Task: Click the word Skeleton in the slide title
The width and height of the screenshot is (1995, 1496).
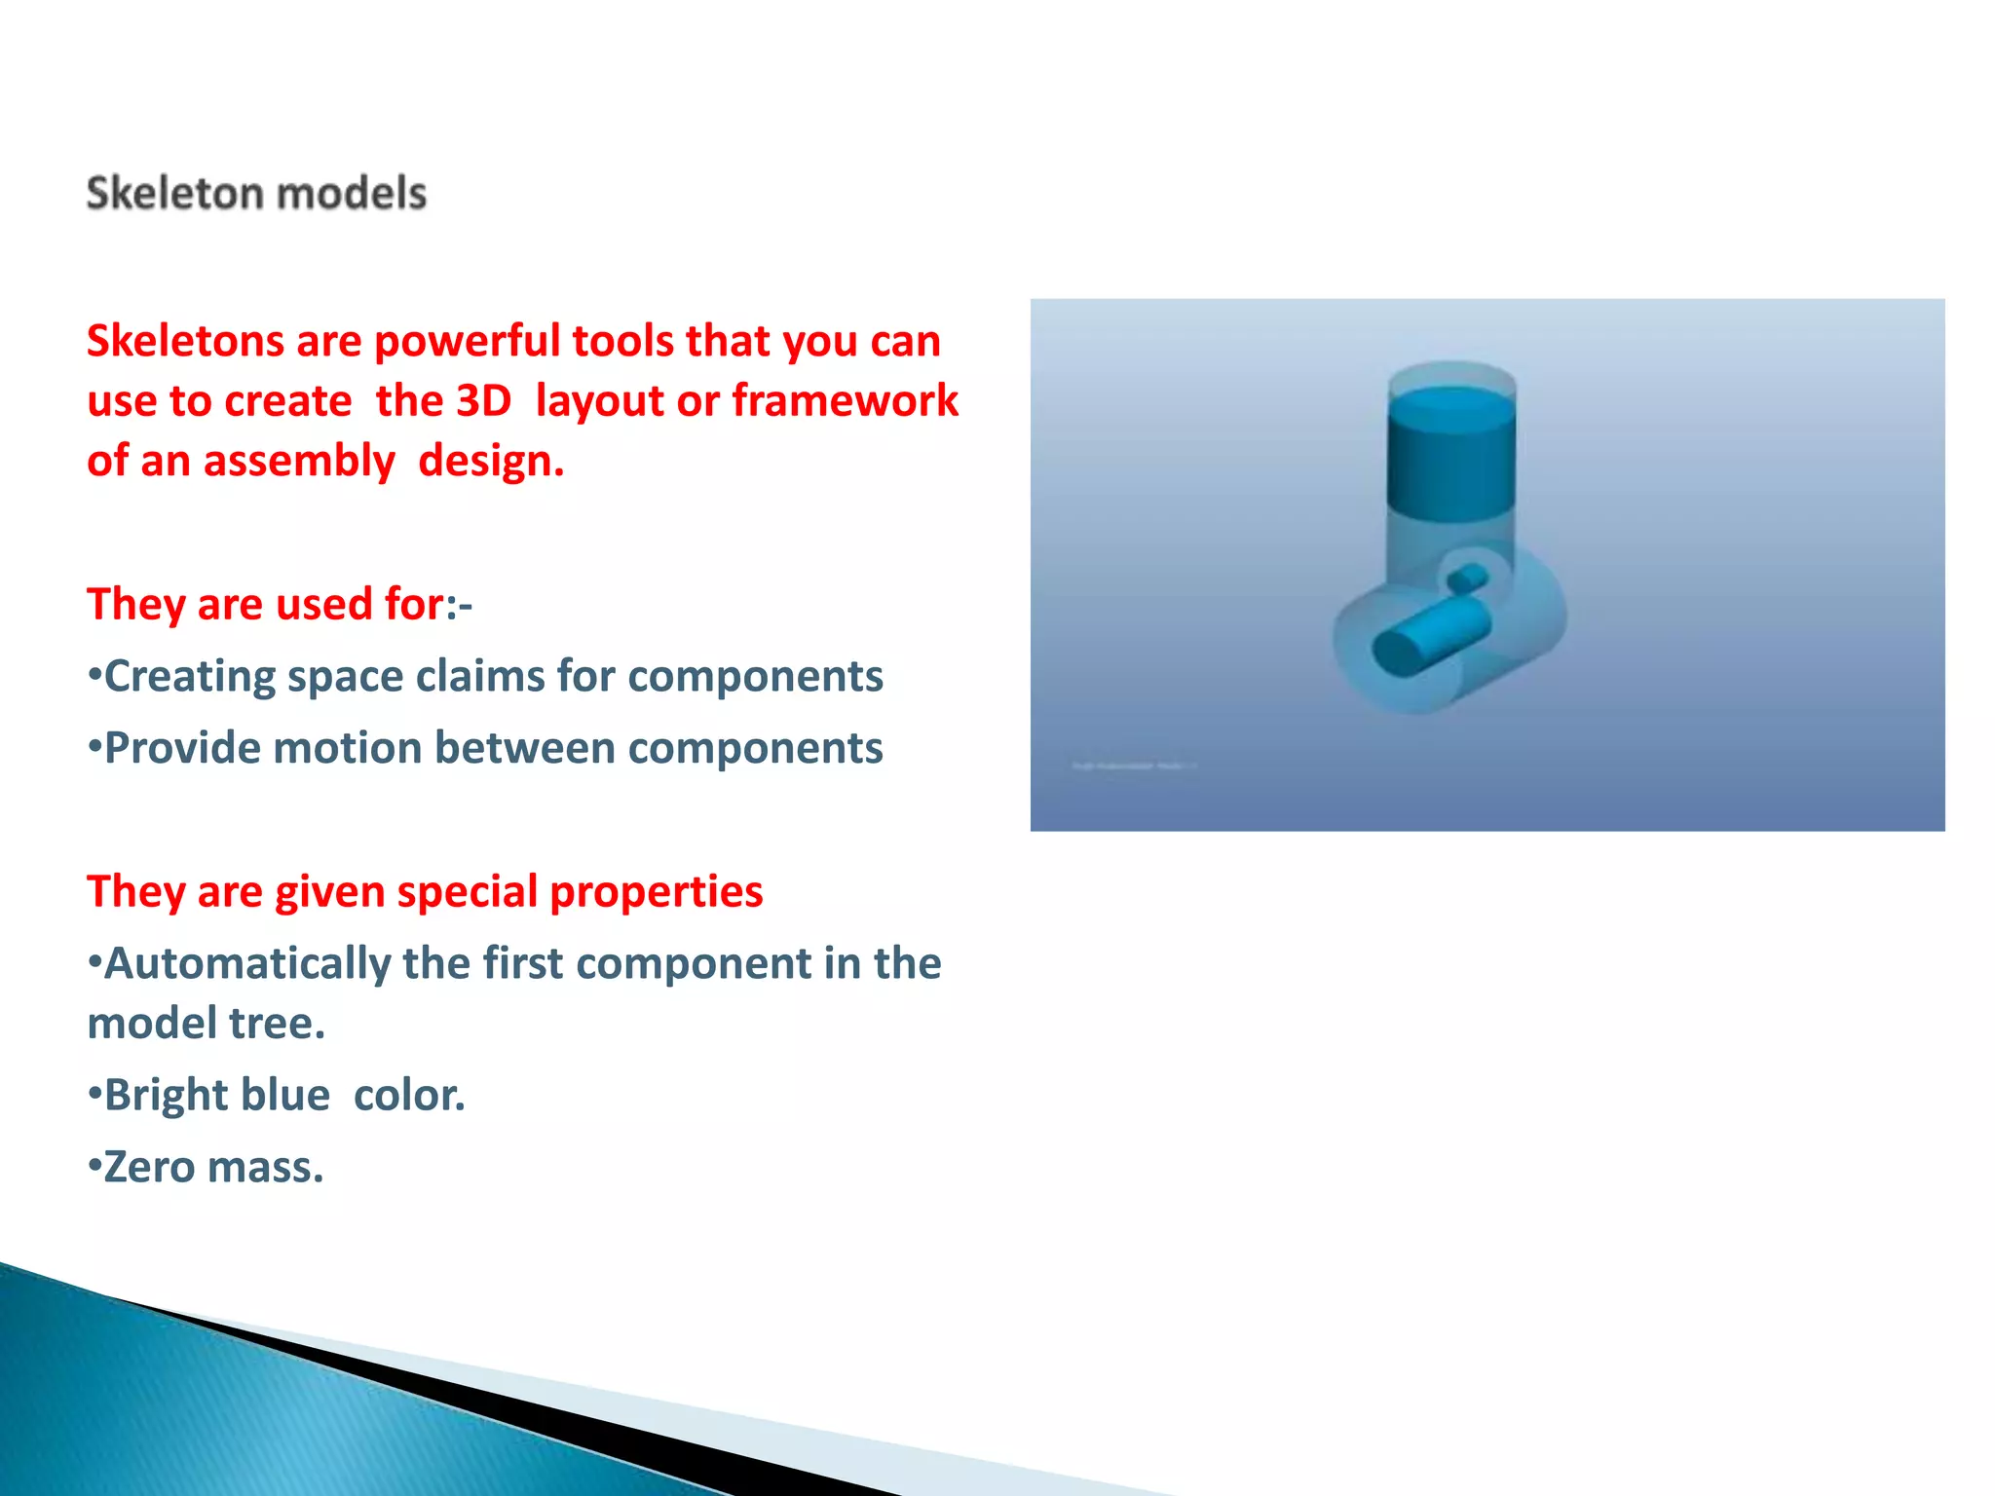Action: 171,193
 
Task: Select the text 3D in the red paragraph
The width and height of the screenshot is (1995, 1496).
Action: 483,401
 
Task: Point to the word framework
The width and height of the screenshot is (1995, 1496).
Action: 845,401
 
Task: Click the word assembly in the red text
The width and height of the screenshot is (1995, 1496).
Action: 298,462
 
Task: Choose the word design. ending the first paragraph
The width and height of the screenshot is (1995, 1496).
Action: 491,462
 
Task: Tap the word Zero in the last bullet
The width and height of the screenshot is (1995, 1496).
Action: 149,1168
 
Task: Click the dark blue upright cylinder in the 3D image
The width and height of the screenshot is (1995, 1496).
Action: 1450,453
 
